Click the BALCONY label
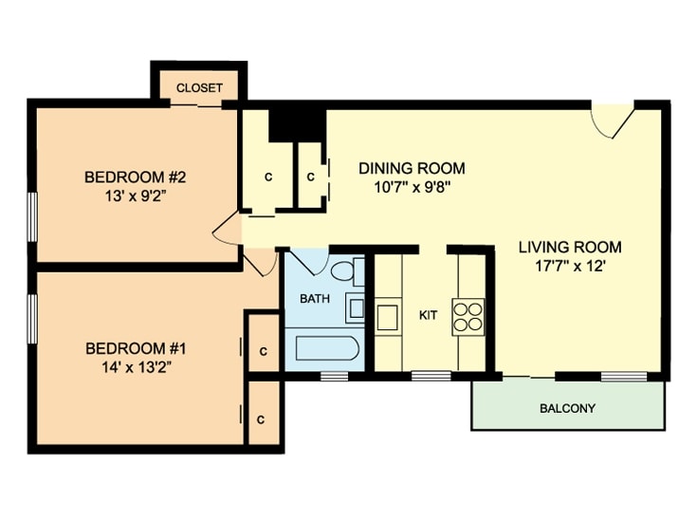coord(567,408)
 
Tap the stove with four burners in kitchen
coord(468,317)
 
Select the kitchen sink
coord(387,317)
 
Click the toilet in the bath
coord(348,270)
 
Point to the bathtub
coord(326,348)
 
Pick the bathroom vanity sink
coord(356,307)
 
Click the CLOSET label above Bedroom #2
coord(199,87)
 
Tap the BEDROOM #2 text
coord(135,177)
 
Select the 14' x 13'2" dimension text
coord(136,367)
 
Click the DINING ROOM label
coord(412,168)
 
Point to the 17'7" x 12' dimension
coord(570,266)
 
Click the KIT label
coord(428,315)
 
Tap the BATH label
coord(315,299)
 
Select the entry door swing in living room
coord(612,121)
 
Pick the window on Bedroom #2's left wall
coord(32,216)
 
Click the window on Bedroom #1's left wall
coord(32,318)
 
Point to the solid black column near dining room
coord(298,125)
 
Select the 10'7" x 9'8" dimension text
coord(413,187)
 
